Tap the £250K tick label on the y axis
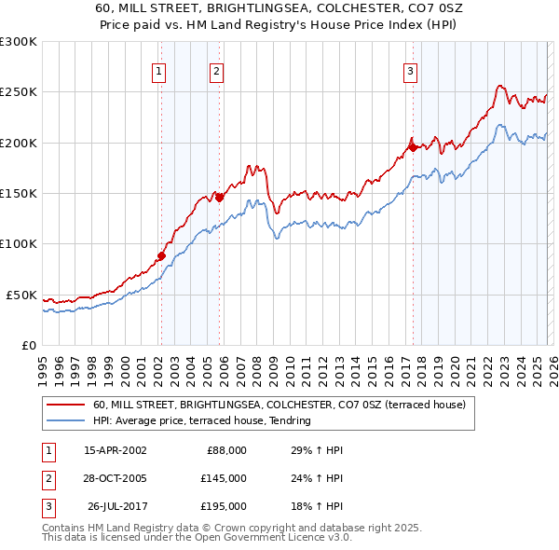tap(19, 92)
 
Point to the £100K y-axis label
tap(19, 244)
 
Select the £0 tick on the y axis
tap(28, 345)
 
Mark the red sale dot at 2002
tap(161, 255)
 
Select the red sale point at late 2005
tap(219, 198)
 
